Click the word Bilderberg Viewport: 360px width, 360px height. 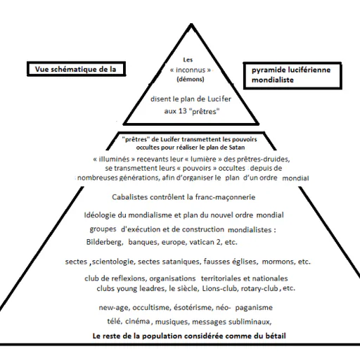(105, 242)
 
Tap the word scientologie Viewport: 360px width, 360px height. (114, 262)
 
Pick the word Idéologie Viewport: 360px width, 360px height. (100, 215)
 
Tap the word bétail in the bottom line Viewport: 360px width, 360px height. (276, 336)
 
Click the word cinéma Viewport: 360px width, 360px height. (138, 321)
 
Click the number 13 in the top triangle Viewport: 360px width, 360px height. (183, 111)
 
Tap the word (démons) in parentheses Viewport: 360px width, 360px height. (191, 79)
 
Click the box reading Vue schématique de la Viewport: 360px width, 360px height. (76, 69)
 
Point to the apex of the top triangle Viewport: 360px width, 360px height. (191, 24)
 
